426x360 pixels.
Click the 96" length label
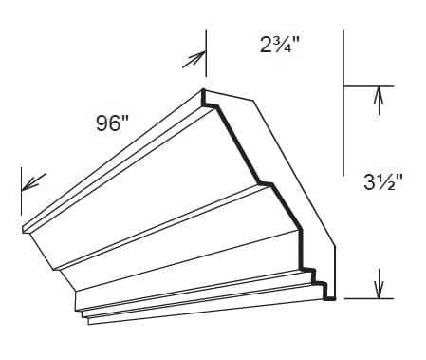pyautogui.click(x=113, y=123)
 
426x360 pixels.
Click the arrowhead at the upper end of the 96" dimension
pyautogui.click(x=195, y=60)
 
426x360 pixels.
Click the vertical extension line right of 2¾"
pyautogui.click(x=343, y=57)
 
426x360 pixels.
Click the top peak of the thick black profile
pyautogui.click(x=203, y=92)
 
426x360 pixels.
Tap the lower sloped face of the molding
pyautogui.click(x=180, y=252)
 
